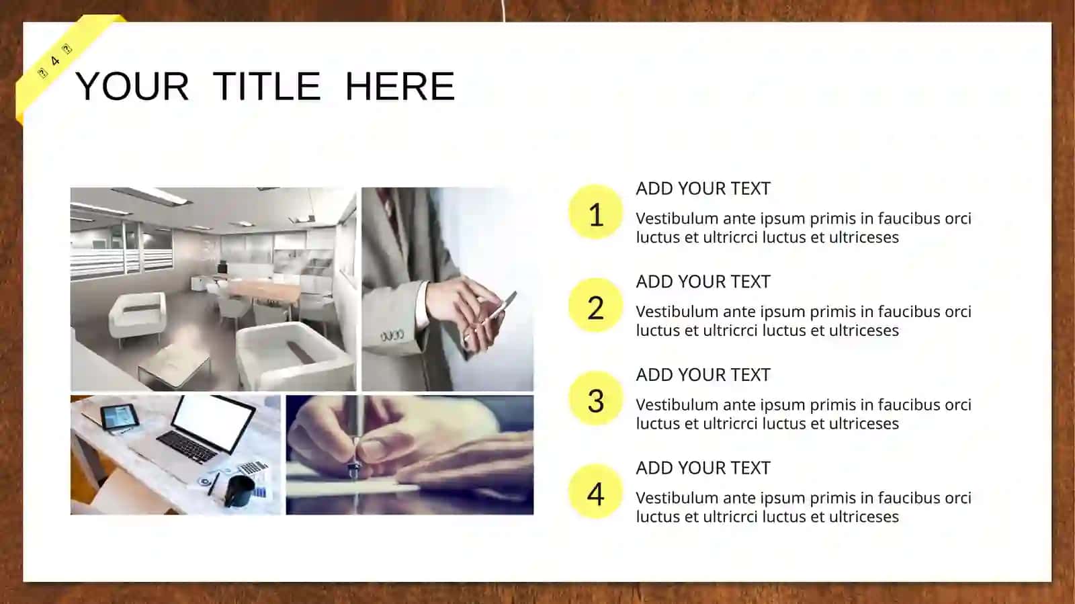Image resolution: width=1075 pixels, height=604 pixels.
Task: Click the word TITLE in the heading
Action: click(x=266, y=87)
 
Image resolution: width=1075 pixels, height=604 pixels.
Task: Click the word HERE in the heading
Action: click(x=400, y=87)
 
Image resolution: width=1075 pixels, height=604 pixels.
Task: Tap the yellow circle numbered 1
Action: click(x=595, y=212)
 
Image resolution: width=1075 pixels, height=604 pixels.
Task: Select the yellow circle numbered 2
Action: click(x=595, y=305)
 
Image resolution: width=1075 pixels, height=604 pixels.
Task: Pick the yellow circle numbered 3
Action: click(x=595, y=398)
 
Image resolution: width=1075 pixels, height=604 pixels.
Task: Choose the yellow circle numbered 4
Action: click(x=595, y=491)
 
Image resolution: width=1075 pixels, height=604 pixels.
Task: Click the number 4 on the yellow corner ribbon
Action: click(x=55, y=61)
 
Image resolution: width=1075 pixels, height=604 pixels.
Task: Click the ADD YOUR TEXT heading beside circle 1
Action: click(x=703, y=189)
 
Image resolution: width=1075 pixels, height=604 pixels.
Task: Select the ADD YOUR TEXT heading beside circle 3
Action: click(x=703, y=375)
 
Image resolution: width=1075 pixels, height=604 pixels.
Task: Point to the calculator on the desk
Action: click(x=253, y=467)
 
